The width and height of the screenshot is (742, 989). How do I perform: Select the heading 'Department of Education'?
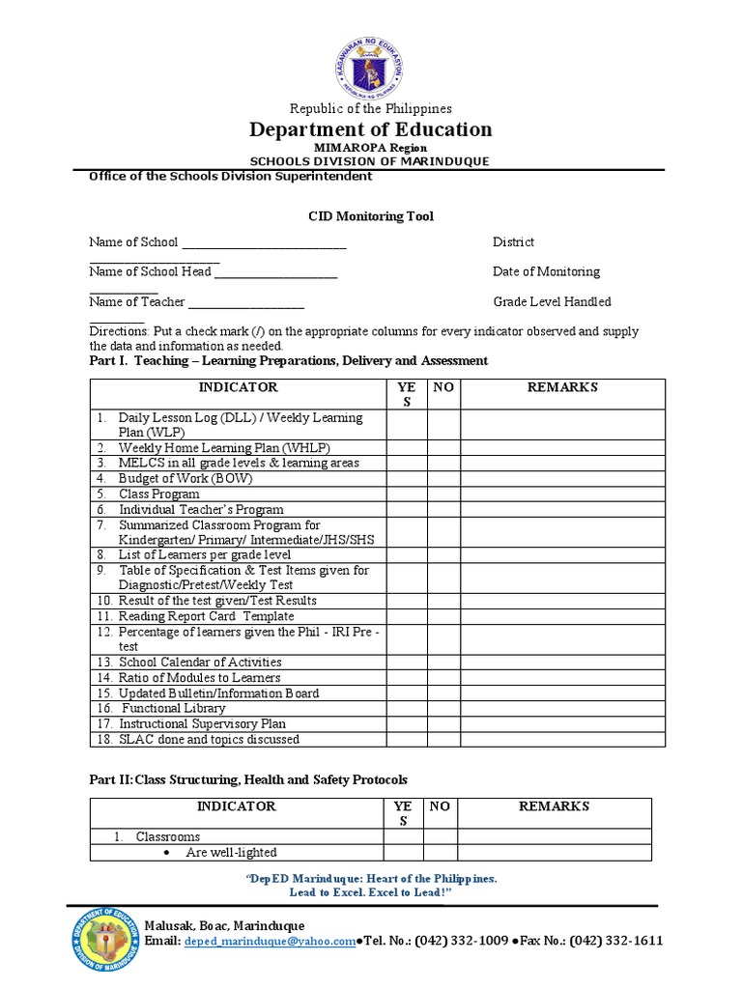(x=371, y=129)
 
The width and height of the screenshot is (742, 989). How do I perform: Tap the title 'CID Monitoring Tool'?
(x=371, y=217)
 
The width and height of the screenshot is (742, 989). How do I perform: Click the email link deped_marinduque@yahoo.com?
(x=270, y=942)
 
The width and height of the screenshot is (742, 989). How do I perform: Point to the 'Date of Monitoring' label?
(x=546, y=271)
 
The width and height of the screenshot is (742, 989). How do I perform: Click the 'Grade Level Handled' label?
(x=552, y=302)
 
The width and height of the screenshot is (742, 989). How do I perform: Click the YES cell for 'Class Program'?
(x=406, y=494)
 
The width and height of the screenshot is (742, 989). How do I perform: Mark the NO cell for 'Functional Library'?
(x=443, y=708)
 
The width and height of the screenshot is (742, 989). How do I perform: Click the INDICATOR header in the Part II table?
(x=237, y=806)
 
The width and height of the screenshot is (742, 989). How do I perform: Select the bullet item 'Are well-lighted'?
(x=231, y=853)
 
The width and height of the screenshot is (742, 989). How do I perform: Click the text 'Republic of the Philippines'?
(x=371, y=109)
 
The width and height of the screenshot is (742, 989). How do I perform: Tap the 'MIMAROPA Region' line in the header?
(x=371, y=148)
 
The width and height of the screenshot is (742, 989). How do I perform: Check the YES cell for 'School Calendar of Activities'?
(x=406, y=663)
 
